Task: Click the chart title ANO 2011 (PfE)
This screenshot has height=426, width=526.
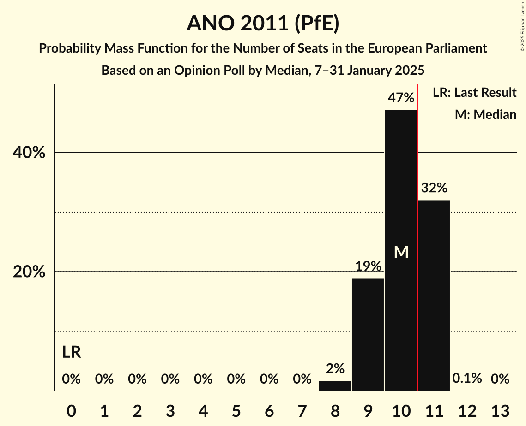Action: [263, 23]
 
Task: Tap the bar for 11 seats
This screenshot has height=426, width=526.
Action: [434, 295]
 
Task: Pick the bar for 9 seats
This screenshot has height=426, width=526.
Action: [368, 334]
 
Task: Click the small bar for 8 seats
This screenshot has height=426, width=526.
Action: [335, 386]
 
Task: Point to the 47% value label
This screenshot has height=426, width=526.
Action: [401, 98]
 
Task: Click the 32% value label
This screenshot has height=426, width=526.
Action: [434, 188]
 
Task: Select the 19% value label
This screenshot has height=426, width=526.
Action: [368, 266]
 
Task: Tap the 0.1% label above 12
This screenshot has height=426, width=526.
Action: [467, 379]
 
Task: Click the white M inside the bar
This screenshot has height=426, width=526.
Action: [401, 252]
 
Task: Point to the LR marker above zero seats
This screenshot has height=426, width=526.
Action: [72, 352]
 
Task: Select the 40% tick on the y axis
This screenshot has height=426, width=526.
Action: [29, 153]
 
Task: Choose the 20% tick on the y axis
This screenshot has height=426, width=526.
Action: [29, 272]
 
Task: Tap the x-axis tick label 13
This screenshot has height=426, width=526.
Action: [500, 410]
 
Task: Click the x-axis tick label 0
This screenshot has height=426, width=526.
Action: [71, 410]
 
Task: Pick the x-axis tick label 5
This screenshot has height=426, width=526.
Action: [236, 410]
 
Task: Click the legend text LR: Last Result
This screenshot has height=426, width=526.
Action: [474, 93]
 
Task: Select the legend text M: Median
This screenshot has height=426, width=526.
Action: [485, 114]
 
